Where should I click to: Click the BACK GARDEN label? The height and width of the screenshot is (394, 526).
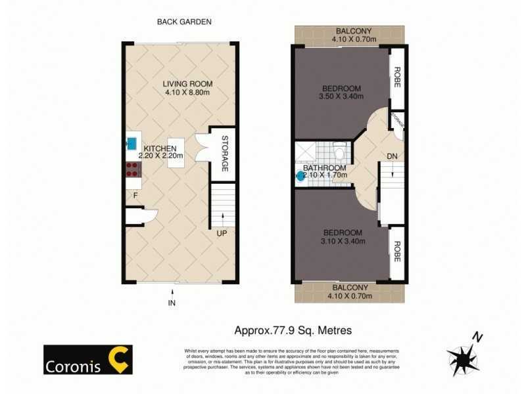[x=183, y=22]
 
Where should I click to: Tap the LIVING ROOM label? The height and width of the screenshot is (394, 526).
[x=187, y=83]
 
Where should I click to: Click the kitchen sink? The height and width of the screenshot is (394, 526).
[x=131, y=142]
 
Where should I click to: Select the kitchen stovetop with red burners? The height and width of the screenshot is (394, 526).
[x=131, y=170]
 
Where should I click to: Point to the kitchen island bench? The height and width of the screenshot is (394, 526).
[x=176, y=153]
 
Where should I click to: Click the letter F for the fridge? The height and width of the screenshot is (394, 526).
[x=135, y=195]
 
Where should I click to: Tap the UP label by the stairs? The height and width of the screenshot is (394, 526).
[x=222, y=232]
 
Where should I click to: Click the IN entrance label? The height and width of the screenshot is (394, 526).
[x=172, y=302]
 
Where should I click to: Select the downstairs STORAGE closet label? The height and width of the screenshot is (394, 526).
[x=224, y=154]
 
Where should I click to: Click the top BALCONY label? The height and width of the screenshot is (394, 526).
[x=354, y=31]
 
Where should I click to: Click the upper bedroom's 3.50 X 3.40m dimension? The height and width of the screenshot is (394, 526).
[x=341, y=98]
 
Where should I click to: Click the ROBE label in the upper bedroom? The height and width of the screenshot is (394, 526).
[x=396, y=77]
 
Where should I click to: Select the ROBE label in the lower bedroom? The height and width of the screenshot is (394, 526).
[x=396, y=252]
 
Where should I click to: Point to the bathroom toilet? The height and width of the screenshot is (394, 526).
[x=339, y=150]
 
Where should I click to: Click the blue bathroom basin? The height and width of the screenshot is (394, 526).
[x=300, y=176]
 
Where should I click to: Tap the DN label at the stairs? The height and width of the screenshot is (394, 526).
[x=393, y=156]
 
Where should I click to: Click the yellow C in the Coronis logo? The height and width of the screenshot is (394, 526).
[x=120, y=359]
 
